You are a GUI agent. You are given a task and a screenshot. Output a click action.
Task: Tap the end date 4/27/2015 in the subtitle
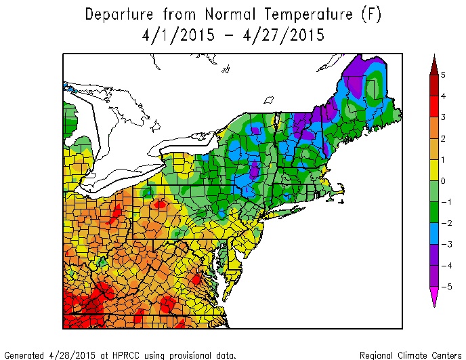[x=280, y=35]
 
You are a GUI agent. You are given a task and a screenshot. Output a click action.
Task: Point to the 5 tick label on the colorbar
[x=442, y=75]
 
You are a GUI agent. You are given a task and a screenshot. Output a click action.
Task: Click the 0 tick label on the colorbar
[x=442, y=181]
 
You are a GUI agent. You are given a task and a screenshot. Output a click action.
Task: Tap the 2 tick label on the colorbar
[x=442, y=138]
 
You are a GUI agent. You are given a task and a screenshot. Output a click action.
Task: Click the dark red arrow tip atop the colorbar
[x=433, y=63]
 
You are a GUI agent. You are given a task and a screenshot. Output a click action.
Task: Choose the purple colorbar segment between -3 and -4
[x=433, y=255]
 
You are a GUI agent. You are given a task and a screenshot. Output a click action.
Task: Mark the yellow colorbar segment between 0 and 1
[x=433, y=170]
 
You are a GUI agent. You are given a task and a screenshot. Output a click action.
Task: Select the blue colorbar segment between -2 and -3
[x=433, y=234]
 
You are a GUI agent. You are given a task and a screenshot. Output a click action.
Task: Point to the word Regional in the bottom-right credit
[x=380, y=355]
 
